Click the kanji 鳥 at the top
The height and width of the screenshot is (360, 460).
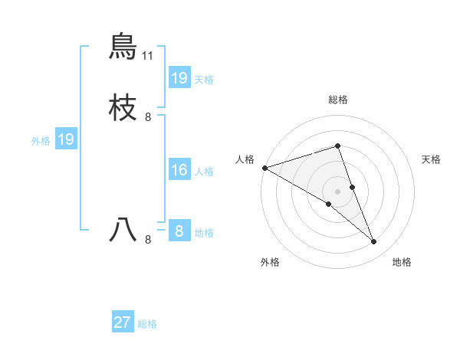point(123,47)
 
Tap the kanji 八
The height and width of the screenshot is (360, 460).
point(123,231)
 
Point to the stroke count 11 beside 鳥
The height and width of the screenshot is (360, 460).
point(148,56)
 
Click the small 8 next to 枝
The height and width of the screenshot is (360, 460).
point(148,117)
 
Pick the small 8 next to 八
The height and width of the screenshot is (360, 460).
point(148,240)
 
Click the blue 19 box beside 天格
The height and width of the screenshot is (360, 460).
point(179,78)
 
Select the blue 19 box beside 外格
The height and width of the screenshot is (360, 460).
point(66,139)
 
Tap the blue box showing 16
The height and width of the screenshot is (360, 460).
point(179,170)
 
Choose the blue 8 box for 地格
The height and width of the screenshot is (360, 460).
point(179,231)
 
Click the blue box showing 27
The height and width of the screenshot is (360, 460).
point(123,322)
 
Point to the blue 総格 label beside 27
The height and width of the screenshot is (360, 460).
point(148,324)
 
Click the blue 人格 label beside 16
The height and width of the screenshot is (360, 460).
point(205,172)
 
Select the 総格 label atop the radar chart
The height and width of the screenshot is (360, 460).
point(338,100)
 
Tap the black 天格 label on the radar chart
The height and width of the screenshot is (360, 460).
point(432,159)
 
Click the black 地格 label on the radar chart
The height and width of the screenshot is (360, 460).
point(402,263)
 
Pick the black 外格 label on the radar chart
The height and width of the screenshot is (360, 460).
point(270,263)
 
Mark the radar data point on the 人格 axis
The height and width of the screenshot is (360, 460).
point(264,168)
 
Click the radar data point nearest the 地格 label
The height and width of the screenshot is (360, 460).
point(373,241)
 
